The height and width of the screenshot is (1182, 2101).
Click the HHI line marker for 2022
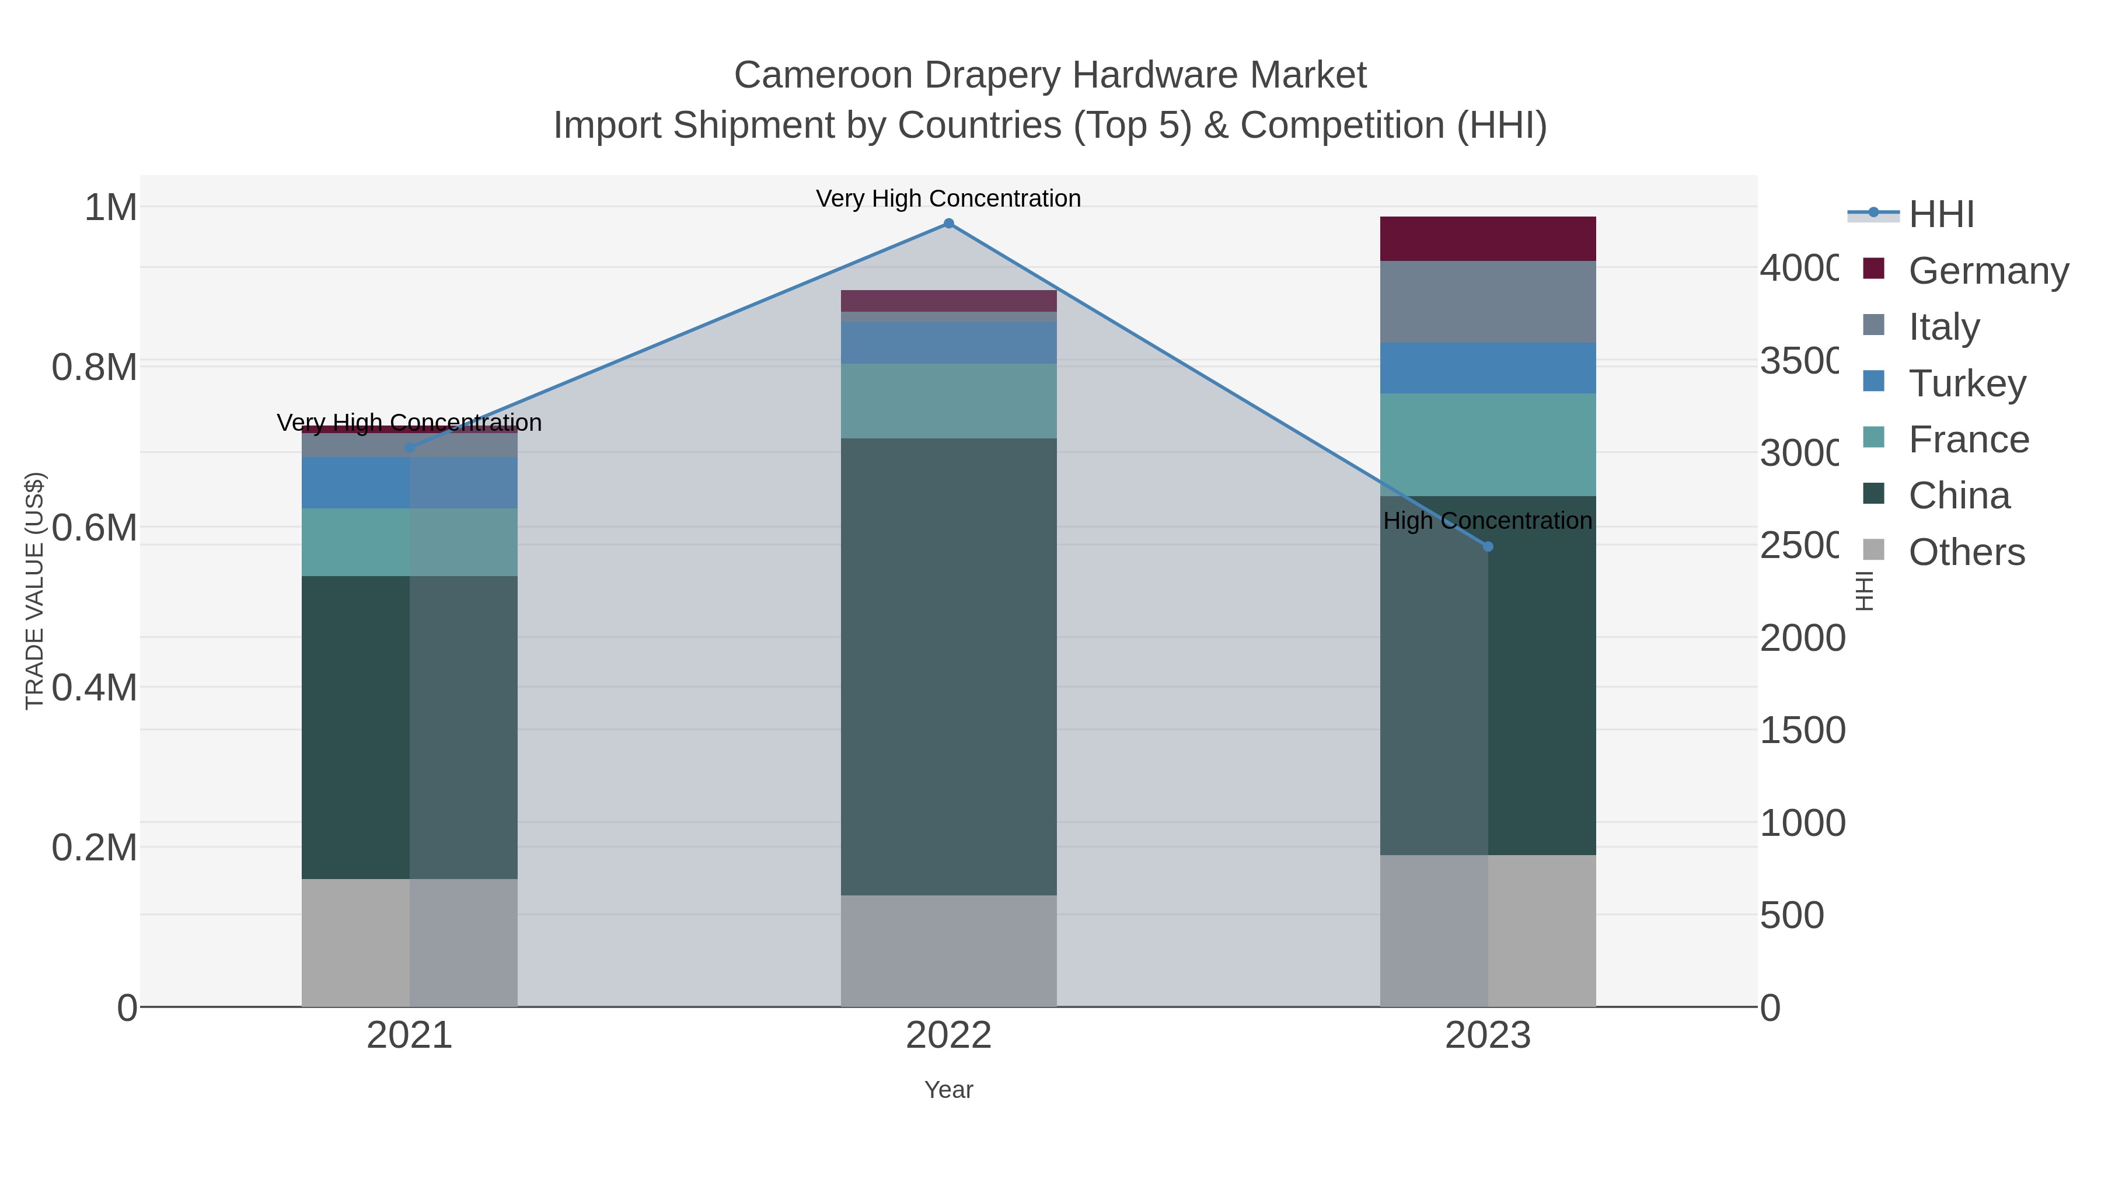tap(948, 224)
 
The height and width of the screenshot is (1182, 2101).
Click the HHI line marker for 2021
tap(410, 448)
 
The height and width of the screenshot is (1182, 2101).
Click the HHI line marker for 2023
tap(1488, 546)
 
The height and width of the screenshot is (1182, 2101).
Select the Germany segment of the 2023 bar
tap(1488, 239)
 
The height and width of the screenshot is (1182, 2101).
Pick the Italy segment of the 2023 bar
tap(1488, 302)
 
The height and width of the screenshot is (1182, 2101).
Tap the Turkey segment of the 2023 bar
tap(1488, 369)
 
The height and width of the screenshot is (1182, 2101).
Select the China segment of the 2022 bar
tap(948, 667)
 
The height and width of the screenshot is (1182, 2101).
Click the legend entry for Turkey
tap(1966, 383)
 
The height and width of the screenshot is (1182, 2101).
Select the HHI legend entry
tap(1941, 215)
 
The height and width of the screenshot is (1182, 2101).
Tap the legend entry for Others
tap(1966, 552)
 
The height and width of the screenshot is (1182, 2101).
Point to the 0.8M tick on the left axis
tap(95, 368)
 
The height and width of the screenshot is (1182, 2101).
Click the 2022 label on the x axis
tap(948, 1036)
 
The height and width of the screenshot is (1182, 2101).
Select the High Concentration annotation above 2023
tap(1487, 521)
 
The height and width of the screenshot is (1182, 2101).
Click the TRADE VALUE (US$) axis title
tap(34, 591)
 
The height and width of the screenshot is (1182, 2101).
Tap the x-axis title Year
tap(948, 1090)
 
